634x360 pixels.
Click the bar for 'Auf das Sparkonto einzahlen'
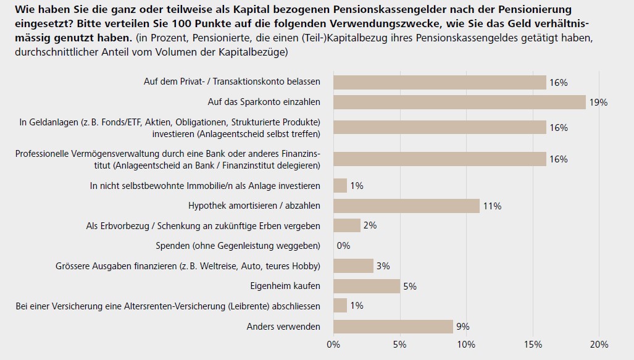tap(459, 102)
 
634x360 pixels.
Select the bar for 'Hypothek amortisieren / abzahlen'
tap(406, 206)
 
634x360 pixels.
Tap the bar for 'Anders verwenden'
tap(393, 327)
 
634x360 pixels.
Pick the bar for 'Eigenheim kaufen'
tap(367, 286)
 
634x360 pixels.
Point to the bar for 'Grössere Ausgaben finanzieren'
tap(353, 266)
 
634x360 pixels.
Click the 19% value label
tap(598, 103)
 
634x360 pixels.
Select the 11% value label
tap(492, 206)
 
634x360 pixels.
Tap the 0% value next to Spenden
tap(343, 246)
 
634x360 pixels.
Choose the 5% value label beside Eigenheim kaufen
tap(409, 287)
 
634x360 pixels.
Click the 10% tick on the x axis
tap(466, 344)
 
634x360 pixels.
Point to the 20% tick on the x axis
tap(599, 344)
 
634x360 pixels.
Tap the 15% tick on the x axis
tap(533, 344)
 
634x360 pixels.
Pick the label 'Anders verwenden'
tap(283, 327)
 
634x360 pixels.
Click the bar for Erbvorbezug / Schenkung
tap(347, 225)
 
